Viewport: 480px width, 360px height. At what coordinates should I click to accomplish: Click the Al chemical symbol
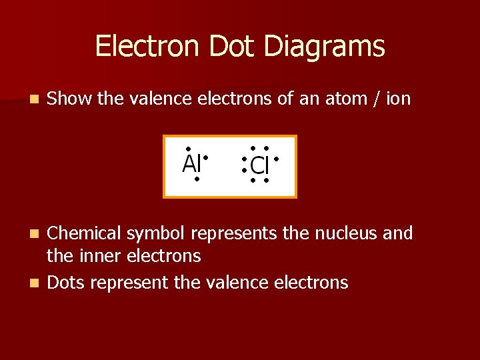(191, 163)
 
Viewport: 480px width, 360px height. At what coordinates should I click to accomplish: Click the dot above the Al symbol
(189, 149)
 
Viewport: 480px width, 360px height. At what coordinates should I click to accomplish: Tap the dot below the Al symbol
(197, 179)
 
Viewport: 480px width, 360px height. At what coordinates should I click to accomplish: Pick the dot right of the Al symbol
(207, 158)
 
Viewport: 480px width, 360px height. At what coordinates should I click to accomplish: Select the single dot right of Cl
(275, 159)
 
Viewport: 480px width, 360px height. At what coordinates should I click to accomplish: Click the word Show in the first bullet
(70, 99)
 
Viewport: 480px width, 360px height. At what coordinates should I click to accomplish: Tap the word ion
(399, 99)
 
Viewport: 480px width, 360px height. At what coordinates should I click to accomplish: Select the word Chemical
(84, 233)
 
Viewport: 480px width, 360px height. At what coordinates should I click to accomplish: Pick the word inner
(95, 256)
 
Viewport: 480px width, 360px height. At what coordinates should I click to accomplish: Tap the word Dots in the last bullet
(67, 283)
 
